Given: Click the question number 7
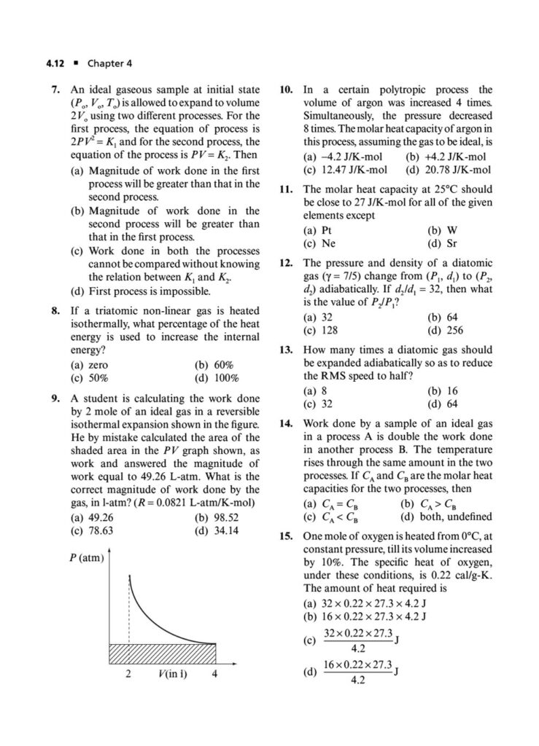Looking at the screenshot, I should click(56, 90).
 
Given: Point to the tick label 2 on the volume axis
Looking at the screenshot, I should click(128, 673).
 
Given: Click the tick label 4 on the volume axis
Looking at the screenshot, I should click(215, 673).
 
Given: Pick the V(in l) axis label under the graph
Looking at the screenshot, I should click(171, 673).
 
